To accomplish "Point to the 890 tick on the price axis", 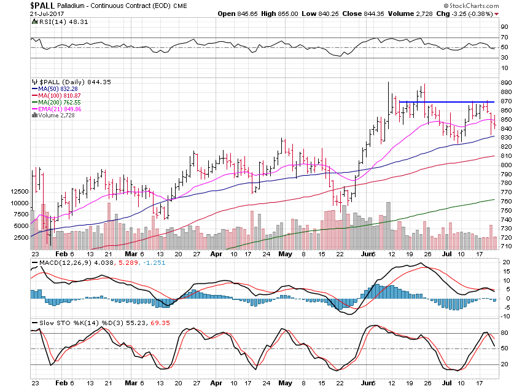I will click(505, 83).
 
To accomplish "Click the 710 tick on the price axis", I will click(505, 246).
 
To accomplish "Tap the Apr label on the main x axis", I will click(216, 253).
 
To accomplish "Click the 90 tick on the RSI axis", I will click(504, 27).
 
